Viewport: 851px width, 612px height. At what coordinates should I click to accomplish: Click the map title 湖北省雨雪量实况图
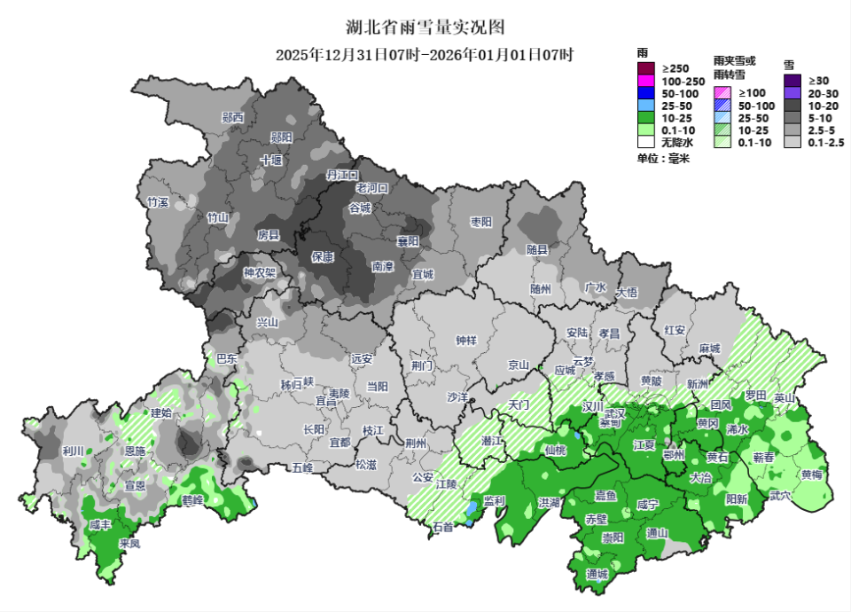(425, 28)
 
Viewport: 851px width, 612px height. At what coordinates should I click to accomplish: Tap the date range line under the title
(425, 55)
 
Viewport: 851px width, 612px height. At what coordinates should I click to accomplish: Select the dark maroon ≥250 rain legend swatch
(645, 69)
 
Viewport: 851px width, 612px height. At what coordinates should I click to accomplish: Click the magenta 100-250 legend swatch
(645, 82)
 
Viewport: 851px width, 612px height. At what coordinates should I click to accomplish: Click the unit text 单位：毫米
(662, 159)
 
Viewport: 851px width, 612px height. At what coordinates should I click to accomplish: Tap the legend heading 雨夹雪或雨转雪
(735, 68)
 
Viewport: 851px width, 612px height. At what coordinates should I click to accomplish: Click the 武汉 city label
(615, 413)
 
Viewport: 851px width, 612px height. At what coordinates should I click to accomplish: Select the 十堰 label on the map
(270, 161)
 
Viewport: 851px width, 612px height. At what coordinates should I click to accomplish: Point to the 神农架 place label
(260, 273)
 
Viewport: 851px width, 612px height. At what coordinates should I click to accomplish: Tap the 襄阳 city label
(407, 241)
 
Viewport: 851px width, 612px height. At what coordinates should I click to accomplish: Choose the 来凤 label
(129, 543)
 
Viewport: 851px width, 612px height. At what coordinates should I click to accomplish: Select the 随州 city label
(541, 289)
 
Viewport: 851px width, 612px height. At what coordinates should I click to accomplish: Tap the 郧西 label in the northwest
(233, 117)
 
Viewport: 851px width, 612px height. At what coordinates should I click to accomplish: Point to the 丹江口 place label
(341, 176)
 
